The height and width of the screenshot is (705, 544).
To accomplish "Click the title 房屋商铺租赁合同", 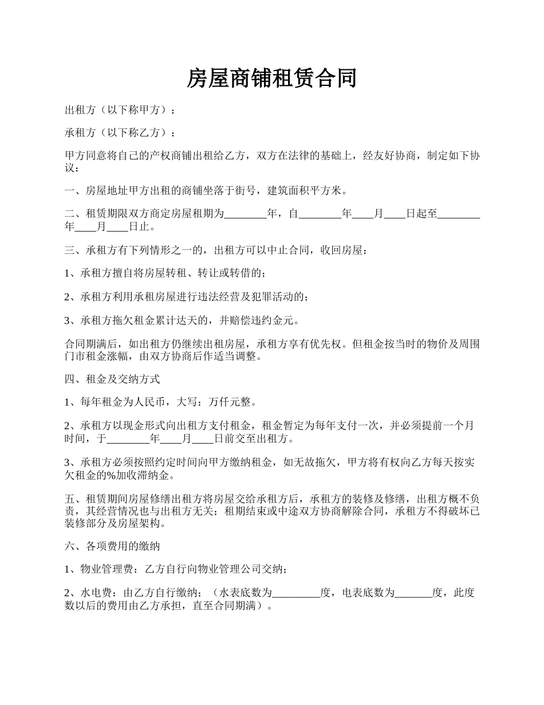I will [x=272, y=79].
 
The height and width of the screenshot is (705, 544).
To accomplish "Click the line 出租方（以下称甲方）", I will [x=120, y=109].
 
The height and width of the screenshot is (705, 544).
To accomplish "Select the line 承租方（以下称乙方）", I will [x=120, y=133].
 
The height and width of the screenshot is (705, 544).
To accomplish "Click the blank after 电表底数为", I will [x=414, y=593].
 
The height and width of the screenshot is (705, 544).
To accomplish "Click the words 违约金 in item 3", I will [x=272, y=320].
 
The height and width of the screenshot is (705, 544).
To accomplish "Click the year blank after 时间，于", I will [x=128, y=440].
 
